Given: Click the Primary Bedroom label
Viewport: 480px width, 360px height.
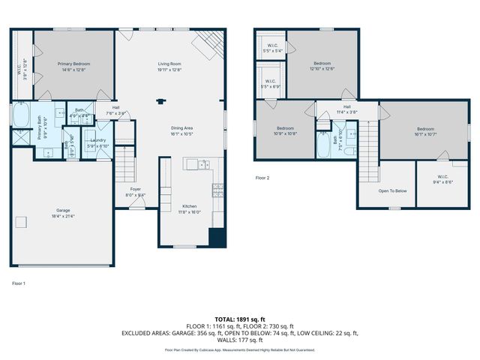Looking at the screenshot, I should pos(73,64).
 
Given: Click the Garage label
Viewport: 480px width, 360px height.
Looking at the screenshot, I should pos(64,210).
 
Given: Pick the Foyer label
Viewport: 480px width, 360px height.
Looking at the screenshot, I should pos(135,189).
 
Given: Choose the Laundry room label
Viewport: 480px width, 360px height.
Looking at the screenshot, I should pos(97,139).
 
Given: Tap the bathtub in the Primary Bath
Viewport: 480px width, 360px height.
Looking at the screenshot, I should pos(20,117).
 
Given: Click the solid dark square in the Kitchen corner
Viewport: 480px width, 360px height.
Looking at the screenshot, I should pos(217,238).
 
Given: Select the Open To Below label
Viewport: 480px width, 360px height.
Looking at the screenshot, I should pos(392,190).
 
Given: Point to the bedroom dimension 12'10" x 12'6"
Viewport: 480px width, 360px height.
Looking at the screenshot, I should pos(322,68).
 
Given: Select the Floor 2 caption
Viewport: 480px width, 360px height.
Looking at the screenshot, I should pos(262,178).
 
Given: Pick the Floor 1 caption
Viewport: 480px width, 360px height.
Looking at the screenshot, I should pos(19,283).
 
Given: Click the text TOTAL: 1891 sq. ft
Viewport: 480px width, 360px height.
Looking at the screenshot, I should pos(240,319).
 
